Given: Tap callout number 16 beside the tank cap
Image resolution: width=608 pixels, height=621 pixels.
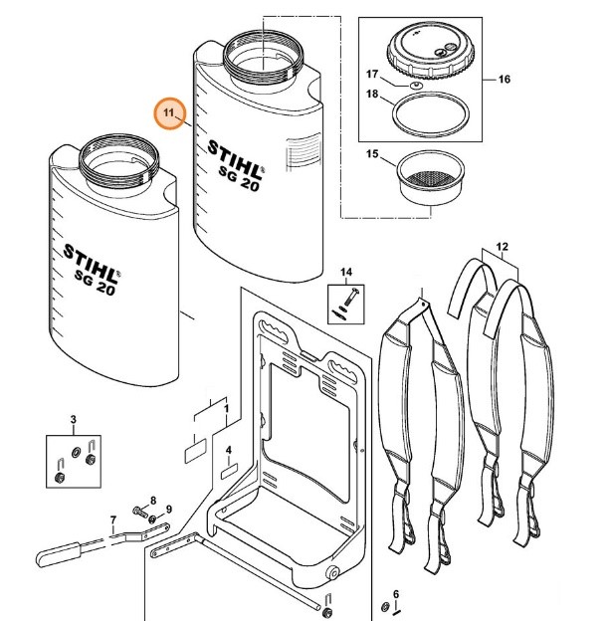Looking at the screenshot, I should tap(503, 79).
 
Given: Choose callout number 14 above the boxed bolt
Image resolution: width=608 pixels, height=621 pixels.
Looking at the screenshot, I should tap(346, 271).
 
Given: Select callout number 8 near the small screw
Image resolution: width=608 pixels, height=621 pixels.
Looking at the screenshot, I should tap(153, 500).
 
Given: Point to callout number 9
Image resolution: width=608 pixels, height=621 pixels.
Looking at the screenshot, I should tap(168, 510).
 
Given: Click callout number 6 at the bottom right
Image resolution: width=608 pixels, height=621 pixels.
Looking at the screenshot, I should tap(395, 594).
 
